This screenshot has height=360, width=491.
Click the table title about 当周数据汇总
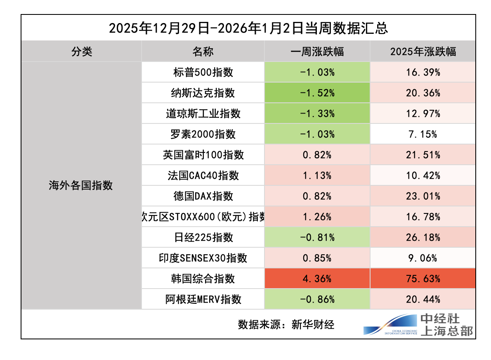[x=248, y=28]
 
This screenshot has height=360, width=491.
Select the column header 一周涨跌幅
[x=317, y=52]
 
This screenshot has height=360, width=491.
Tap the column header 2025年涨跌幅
[x=423, y=52]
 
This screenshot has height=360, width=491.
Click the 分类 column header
[x=81, y=52]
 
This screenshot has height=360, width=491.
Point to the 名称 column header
[x=203, y=52]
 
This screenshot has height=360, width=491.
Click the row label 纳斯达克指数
[x=203, y=93]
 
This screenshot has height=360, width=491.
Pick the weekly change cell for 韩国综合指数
[x=317, y=279]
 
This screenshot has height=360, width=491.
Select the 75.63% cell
[x=423, y=279]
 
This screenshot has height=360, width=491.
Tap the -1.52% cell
[x=317, y=93]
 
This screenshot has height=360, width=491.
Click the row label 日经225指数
[x=203, y=237]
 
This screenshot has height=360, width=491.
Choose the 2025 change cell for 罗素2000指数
[x=423, y=134]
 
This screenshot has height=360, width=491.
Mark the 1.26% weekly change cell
[x=317, y=217]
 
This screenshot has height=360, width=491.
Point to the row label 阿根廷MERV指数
[x=203, y=299]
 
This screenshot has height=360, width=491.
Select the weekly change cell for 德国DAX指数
[x=317, y=196]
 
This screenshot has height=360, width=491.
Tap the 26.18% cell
[x=423, y=237]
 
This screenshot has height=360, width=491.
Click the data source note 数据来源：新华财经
[x=286, y=324]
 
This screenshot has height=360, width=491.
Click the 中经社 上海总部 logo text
[x=446, y=324]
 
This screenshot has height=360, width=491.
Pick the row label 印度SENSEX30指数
[x=203, y=258]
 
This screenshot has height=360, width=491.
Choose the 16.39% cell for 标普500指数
[x=423, y=72]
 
